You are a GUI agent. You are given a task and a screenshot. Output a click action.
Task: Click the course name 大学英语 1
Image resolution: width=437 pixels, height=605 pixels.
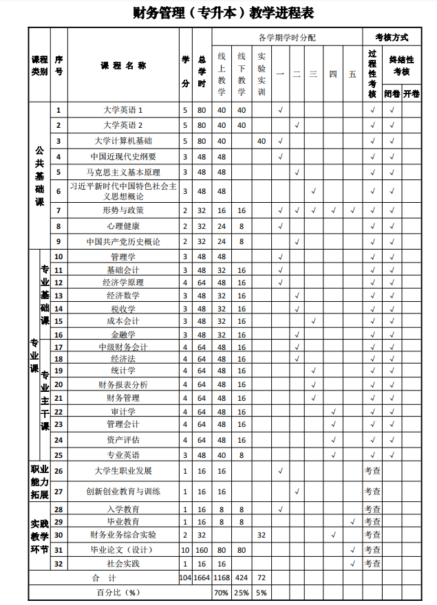pos(123,110)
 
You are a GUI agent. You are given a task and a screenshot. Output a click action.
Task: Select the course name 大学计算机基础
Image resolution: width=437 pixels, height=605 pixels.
pos(123,141)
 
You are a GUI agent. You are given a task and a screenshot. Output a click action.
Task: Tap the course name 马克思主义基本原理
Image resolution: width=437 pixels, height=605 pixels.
pos(123,172)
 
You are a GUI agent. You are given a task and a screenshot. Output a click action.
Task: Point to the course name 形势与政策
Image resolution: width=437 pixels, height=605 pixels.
pos(123,210)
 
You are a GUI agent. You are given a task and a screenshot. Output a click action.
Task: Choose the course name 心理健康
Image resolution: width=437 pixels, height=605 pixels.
pos(123,226)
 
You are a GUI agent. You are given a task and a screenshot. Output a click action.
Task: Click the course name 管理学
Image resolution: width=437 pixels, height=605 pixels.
pos(123,256)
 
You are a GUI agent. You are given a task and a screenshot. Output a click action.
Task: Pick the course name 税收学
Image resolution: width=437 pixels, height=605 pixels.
pos(123,309)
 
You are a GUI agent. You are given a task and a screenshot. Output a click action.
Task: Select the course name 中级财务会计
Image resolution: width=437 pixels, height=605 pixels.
pos(123,347)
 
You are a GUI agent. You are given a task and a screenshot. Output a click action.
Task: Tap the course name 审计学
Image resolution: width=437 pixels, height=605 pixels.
pos(123,411)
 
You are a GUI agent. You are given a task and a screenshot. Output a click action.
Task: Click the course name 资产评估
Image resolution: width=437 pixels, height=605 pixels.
pos(123,440)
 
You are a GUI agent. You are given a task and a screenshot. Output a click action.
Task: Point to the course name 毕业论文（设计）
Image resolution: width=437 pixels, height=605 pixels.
pos(123,550)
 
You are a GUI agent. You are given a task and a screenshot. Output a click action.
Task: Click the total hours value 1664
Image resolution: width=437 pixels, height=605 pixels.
pos(202,578)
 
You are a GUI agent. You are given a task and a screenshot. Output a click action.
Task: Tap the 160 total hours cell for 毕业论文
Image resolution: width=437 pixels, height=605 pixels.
pos(202,550)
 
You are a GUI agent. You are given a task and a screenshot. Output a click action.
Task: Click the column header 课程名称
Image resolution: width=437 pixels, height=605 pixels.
pos(123,66)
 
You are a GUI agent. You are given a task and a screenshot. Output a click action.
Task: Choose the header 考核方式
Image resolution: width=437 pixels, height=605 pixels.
pos(391,37)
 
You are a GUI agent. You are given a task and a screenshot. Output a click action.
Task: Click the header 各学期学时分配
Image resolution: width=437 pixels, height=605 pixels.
pos(287,37)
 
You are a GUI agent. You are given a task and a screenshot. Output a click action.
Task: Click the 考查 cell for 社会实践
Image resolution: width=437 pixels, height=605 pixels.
pos(372,564)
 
